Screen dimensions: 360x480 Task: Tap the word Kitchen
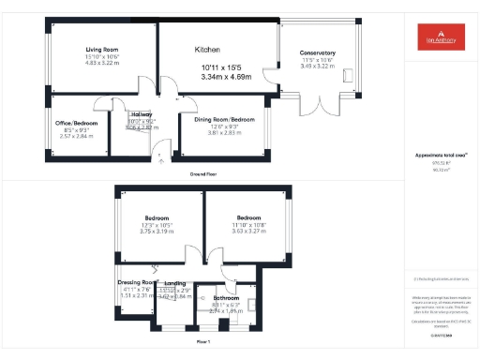click(x=207, y=49)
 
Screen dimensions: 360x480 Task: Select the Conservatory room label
click(x=318, y=52)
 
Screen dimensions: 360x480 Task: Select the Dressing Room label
click(x=137, y=281)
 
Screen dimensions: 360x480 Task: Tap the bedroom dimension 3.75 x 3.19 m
click(x=157, y=231)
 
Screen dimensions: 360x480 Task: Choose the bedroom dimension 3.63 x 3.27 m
click(x=248, y=231)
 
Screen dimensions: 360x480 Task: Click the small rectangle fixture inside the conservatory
click(x=349, y=75)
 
